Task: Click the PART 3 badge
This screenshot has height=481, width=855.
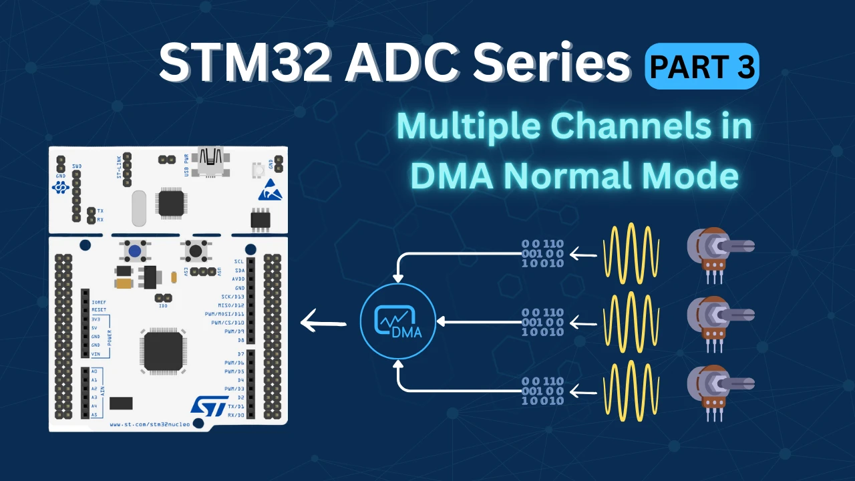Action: [701, 66]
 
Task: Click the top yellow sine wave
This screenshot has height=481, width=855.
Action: [631, 255]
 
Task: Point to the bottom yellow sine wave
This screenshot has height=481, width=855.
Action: [631, 391]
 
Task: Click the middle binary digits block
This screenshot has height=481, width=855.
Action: [542, 322]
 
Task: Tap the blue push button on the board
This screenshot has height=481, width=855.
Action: [136, 252]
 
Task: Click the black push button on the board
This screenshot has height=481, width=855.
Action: [195, 252]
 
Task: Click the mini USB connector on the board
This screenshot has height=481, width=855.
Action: [210, 161]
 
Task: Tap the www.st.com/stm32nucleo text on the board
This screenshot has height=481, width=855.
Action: [150, 424]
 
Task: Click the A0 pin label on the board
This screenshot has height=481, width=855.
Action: [94, 371]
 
